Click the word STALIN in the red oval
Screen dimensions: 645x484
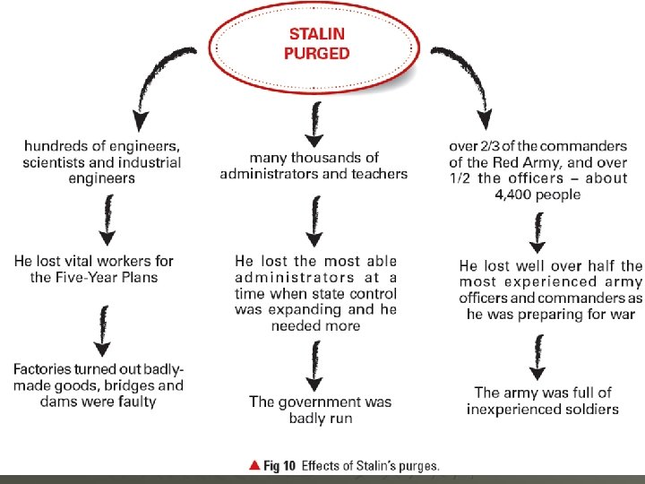click(316, 35)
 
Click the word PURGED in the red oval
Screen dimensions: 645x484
click(316, 53)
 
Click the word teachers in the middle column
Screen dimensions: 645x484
click(377, 173)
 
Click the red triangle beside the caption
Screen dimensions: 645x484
click(254, 465)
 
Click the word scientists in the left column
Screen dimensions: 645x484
click(54, 162)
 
